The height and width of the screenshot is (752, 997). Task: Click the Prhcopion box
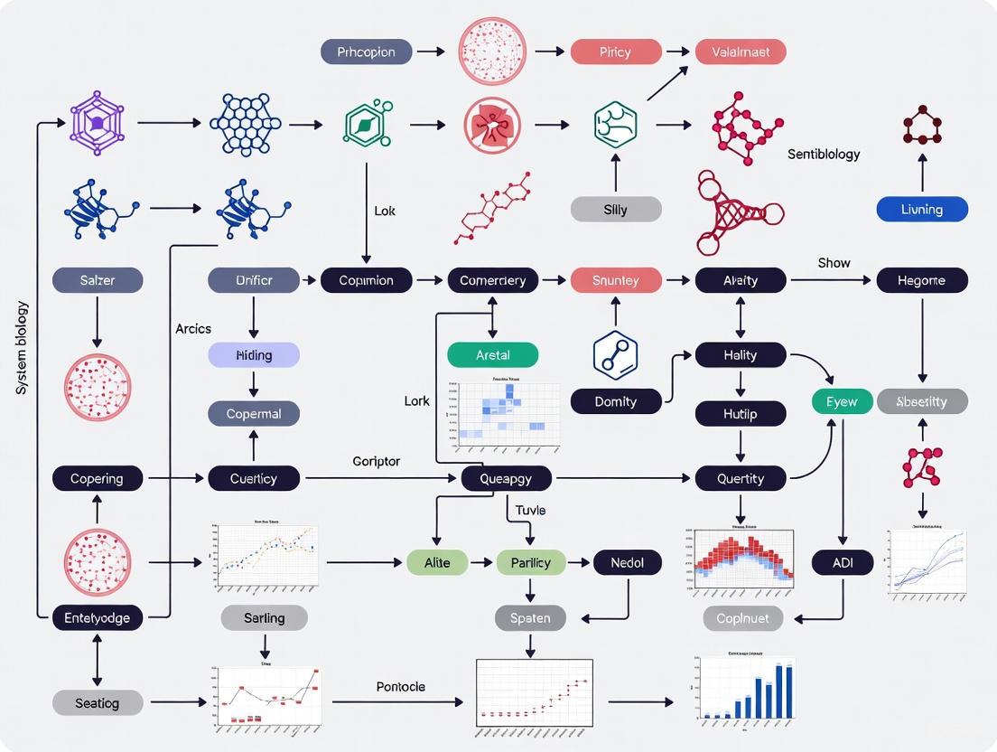coord(367,52)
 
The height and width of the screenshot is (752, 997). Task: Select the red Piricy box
coord(615,52)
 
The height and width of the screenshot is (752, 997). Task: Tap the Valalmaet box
coord(741,52)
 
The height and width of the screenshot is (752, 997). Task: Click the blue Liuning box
coord(922,210)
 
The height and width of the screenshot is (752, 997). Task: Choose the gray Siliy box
coord(616,210)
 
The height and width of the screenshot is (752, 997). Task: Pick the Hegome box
coord(922,280)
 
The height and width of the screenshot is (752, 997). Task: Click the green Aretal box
coord(493,355)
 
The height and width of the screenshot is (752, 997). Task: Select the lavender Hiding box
coord(254,355)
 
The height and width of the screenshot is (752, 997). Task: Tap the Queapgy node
coord(506,478)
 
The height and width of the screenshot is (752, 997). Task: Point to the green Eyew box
coord(842,401)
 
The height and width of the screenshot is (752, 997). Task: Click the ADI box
coord(842,563)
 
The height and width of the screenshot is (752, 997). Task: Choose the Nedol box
coord(628,563)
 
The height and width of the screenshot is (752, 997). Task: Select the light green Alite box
coord(437,563)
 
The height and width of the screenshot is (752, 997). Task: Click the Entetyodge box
coord(98,618)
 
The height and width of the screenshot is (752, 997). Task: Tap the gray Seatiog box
coord(98,702)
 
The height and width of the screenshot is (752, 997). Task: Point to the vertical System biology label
coord(23,348)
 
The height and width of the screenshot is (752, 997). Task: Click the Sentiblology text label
coord(824,155)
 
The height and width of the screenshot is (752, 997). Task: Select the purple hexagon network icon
coord(97,123)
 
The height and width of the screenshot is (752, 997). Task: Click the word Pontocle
coord(400,687)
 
